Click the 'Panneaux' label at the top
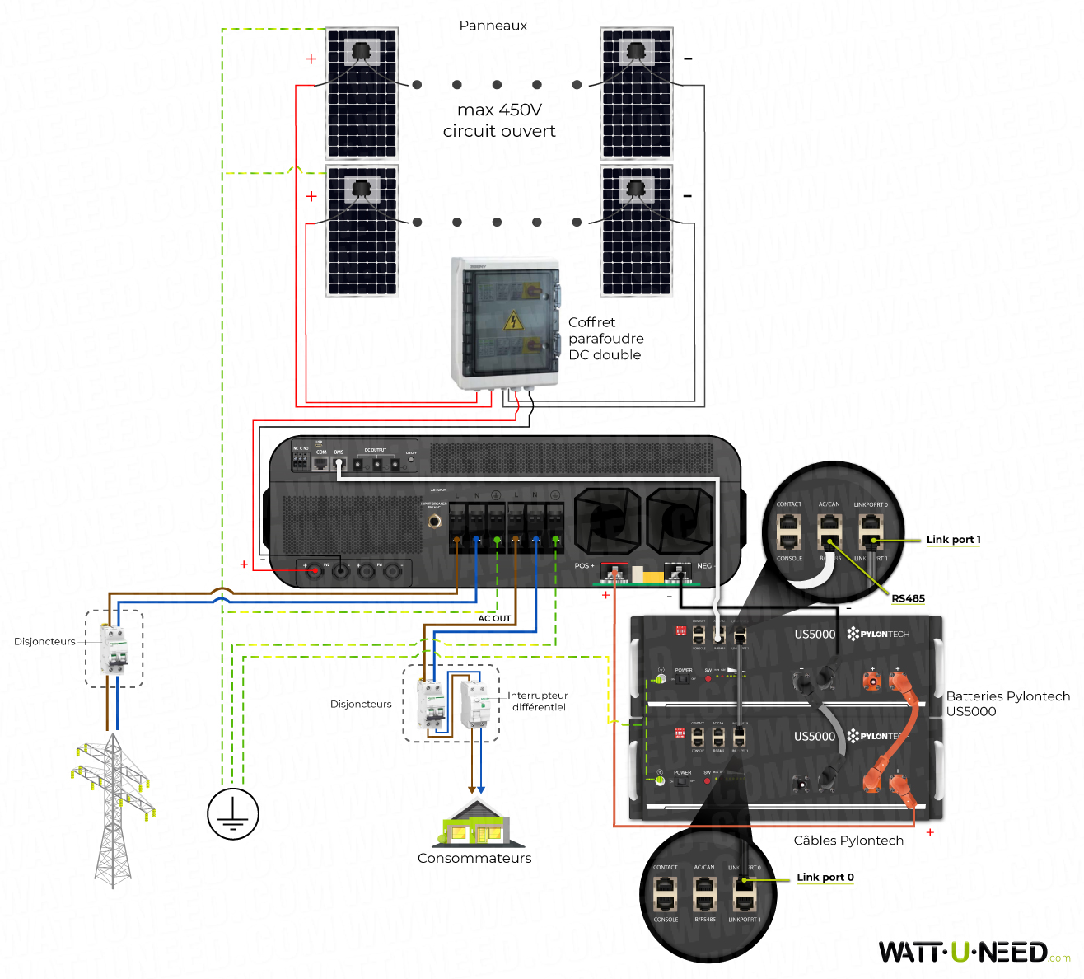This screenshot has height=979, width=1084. point(493,26)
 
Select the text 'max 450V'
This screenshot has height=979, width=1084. point(499,110)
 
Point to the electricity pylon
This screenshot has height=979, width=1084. point(111,808)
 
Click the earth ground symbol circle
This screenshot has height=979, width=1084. point(233,813)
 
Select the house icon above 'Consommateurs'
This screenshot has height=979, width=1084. point(476,824)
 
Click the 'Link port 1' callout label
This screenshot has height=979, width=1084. point(953,540)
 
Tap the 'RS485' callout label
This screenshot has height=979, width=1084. point(908,598)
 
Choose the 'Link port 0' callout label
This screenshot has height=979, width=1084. point(825,877)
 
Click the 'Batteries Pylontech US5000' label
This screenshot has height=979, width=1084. point(1007,704)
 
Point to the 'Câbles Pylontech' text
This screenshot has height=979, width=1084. point(848,841)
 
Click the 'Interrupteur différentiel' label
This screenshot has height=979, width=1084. point(538,701)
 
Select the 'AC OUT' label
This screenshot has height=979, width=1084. point(494,618)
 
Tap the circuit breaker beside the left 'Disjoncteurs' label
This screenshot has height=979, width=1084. point(114,649)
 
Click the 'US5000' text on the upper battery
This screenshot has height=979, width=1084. point(815,634)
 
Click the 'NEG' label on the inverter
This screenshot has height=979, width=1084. point(704,565)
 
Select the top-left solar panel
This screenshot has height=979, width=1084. point(362,93)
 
